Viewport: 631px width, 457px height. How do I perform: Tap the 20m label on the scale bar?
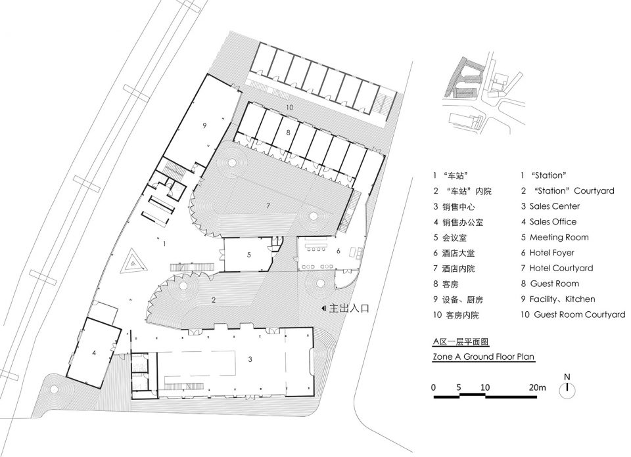coord(537,387)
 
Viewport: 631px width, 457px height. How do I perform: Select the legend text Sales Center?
coord(555,206)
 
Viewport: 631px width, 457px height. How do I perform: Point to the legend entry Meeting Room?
coord(559,237)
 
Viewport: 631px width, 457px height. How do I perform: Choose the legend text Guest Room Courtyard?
coord(580,315)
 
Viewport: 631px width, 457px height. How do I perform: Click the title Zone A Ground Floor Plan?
coord(483,357)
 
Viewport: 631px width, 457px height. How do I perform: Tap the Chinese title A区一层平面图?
coord(461,342)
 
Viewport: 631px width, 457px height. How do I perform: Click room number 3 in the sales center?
coord(250,359)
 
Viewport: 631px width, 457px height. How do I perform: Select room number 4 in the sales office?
coord(94,353)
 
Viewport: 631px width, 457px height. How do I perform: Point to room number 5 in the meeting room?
coord(249,255)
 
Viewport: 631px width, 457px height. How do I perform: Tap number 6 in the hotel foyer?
coord(339,251)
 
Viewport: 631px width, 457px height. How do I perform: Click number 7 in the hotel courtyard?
coord(268,206)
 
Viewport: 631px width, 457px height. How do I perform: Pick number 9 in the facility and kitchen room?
coord(204,125)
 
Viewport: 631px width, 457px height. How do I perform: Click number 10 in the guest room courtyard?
coord(290,107)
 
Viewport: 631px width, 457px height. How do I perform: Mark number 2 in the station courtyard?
coord(214,300)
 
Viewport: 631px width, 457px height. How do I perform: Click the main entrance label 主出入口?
coord(349,309)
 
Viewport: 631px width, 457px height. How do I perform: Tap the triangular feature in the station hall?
coord(133,262)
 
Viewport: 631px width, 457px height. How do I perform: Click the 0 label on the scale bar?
coord(433,387)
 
